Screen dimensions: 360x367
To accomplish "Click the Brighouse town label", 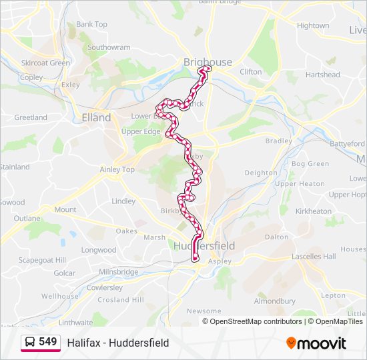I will pyautogui.click(x=208, y=62).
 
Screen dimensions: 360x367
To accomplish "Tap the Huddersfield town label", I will pyautogui.click(x=204, y=246).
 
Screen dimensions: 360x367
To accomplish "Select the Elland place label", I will pyautogui.click(x=96, y=117).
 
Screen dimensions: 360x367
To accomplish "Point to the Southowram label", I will pyautogui.click(x=109, y=48).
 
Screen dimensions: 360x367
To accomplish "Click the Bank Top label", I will pyautogui.click(x=91, y=25).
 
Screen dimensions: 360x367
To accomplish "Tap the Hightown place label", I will pyautogui.click(x=313, y=26).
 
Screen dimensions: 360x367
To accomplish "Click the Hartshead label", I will pyautogui.click(x=323, y=75).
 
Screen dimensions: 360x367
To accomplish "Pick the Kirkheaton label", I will pyautogui.click(x=313, y=211).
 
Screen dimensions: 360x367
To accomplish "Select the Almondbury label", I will pyautogui.click(x=274, y=301).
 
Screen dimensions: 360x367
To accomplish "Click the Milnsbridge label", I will pyautogui.click(x=118, y=272).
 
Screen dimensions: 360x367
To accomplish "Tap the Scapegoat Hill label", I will pyautogui.click(x=42, y=260).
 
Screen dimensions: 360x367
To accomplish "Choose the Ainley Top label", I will pyautogui.click(x=117, y=169).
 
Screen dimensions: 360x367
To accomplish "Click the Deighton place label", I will pyautogui.click(x=260, y=173).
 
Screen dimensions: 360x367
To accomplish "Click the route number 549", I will pyautogui.click(x=48, y=342).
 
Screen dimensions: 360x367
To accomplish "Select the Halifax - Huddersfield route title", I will pyautogui.click(x=118, y=343).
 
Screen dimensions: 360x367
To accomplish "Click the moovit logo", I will pyautogui.click(x=316, y=343).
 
